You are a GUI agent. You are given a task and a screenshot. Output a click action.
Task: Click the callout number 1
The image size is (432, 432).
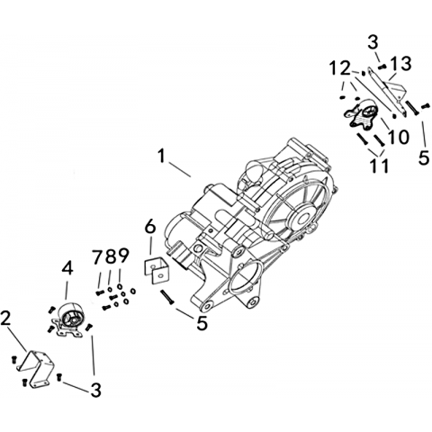click(x=162, y=157)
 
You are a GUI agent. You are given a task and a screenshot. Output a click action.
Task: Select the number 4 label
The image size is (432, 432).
click(x=67, y=269)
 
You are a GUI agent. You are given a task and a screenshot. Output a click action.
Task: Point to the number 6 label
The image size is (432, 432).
click(x=150, y=227)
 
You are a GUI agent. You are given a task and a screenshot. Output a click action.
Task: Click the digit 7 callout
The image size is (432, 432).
click(x=97, y=256)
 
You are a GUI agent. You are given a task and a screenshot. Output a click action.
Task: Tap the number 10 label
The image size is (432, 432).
click(x=398, y=137)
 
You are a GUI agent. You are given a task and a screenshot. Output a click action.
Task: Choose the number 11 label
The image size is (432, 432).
click(x=379, y=166)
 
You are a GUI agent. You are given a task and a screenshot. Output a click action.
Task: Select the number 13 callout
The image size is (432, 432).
click(x=400, y=64)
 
